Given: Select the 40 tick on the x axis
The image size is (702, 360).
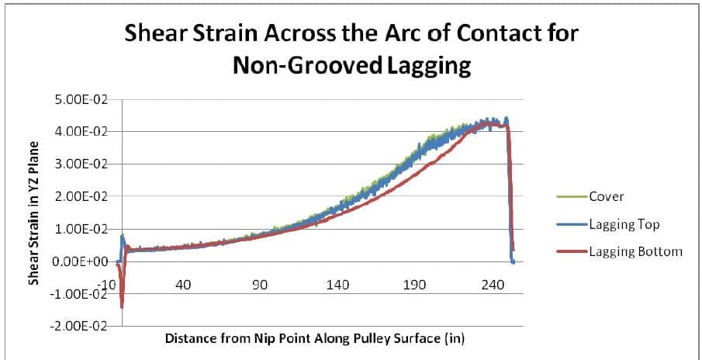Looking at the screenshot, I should click(183, 285).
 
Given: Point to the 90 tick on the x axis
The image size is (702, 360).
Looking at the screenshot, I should click(261, 285).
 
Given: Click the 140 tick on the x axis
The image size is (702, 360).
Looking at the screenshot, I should click(337, 285).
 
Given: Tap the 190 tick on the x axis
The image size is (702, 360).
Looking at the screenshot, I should click(415, 285).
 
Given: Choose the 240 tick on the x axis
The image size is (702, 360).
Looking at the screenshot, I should click(492, 285).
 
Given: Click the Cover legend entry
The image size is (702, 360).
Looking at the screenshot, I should click(605, 196).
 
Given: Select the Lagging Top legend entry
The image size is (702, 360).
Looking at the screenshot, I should click(624, 224).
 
